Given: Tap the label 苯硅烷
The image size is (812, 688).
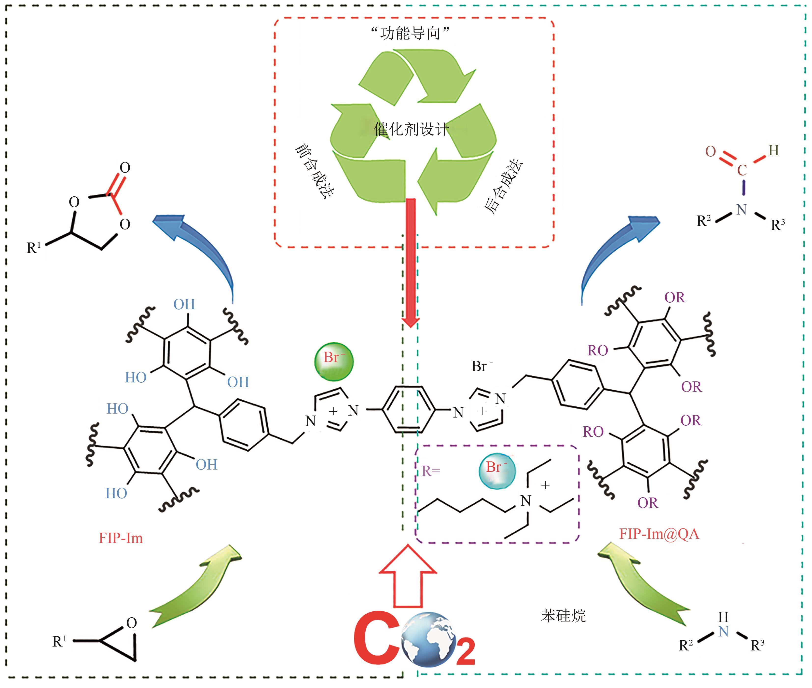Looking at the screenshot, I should [x=563, y=615].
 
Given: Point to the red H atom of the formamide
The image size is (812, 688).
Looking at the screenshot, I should [x=773, y=150].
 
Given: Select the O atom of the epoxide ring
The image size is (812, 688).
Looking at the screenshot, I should [x=132, y=623].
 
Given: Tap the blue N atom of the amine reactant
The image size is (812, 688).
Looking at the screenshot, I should [x=723, y=632].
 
